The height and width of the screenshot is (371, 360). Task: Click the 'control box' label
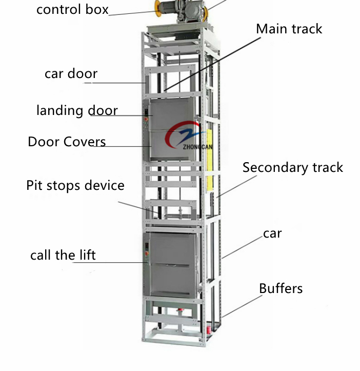point(72,9)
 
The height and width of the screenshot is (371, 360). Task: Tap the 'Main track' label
point(289,29)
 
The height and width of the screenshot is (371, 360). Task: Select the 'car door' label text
point(71,74)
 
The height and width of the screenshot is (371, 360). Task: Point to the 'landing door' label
point(77,110)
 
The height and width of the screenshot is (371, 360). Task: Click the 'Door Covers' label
point(67,142)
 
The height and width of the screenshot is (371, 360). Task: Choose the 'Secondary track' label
point(292,168)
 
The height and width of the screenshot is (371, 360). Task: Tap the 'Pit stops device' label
point(75,185)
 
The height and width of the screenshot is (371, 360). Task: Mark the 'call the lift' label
point(63,255)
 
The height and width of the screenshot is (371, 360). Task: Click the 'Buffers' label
point(281,288)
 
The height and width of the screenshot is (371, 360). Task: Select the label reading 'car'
point(272,234)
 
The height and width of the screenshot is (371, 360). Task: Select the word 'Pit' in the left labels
point(34,185)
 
